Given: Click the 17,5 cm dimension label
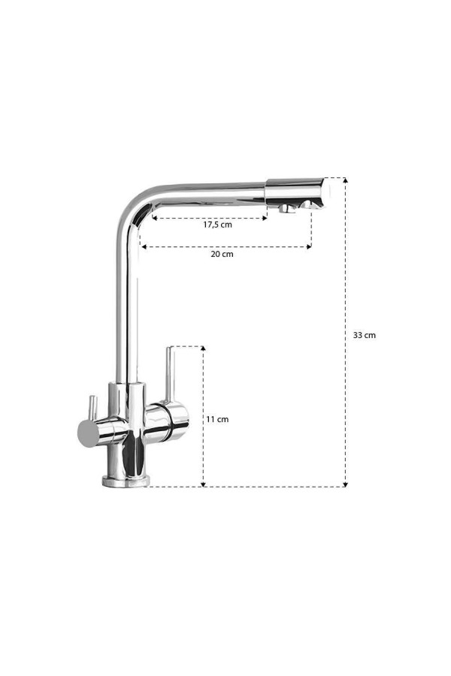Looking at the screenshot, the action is pos(217,225).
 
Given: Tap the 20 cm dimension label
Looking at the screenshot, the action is pos(222,254).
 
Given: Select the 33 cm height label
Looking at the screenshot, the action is pos(365,335).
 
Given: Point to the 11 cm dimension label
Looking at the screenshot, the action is pos(217,419).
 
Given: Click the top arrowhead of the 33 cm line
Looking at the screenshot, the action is pos(345,180).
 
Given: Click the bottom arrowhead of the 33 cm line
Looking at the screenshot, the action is pos(345,484).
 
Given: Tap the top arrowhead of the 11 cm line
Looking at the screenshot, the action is pos(203,349).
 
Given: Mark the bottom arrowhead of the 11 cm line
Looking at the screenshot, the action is pos(203,484).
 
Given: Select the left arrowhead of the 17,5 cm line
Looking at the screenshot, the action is pos(155,218).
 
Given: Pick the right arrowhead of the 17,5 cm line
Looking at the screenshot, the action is pos(265,218).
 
